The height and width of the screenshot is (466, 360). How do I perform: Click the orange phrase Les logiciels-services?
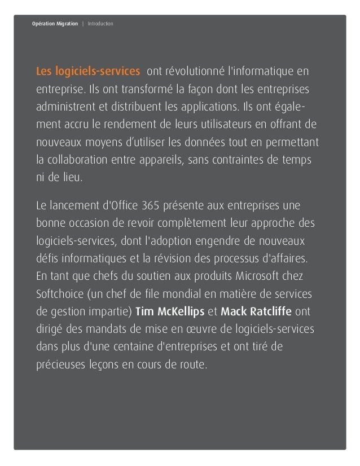point(89,72)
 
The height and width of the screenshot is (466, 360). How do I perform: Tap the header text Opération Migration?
point(55,24)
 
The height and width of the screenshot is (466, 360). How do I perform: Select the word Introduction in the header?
point(100,24)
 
